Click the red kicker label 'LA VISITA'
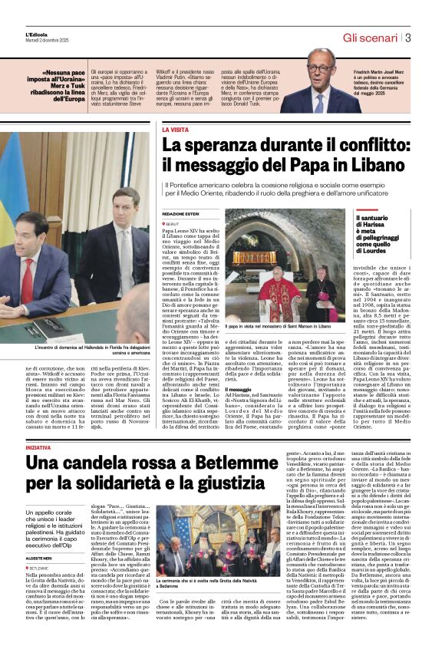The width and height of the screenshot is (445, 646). (x=175, y=130)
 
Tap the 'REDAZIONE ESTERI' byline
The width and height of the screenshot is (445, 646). (x=181, y=214)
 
